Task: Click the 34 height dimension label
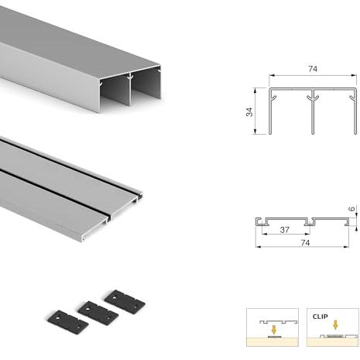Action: coord(249,112)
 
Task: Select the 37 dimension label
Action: coord(285,230)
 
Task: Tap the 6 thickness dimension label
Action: coord(351,209)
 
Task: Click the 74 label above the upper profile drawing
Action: coord(313,69)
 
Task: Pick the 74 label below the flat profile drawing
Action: coord(305,242)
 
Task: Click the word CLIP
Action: coord(320,317)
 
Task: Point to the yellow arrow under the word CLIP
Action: coord(335,325)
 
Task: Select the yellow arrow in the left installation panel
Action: coord(274,330)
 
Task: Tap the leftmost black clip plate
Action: coord(68,322)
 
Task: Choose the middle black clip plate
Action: coord(98,313)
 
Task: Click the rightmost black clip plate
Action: coord(125,302)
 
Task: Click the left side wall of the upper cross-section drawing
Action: coord(270,111)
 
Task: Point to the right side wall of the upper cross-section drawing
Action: coord(355,111)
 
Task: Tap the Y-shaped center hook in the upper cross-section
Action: coord(313,98)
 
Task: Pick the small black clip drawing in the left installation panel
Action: coord(275,337)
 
